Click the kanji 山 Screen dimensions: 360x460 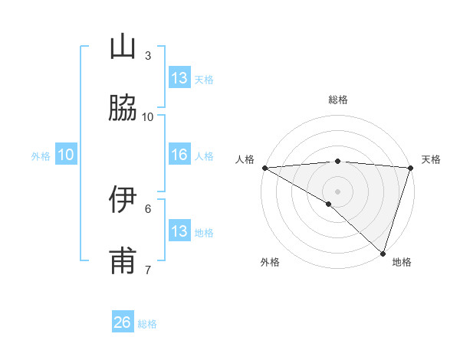123,47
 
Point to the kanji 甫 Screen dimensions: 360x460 123,261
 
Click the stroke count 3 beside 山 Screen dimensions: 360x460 148,55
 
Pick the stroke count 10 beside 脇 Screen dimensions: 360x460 148,116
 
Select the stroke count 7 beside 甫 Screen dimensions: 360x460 148,270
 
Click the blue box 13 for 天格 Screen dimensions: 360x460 179,78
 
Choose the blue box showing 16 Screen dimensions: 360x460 179,155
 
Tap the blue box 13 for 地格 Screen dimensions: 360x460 179,231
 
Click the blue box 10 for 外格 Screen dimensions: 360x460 66,155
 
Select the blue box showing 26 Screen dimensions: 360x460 123,322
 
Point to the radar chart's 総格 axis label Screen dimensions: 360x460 338,100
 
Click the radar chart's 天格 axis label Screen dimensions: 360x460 431,159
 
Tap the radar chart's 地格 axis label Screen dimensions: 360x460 402,262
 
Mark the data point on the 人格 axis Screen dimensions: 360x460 264,168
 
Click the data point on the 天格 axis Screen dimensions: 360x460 411,168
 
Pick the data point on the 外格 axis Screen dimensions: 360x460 329,204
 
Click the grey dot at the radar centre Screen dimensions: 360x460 338,191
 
